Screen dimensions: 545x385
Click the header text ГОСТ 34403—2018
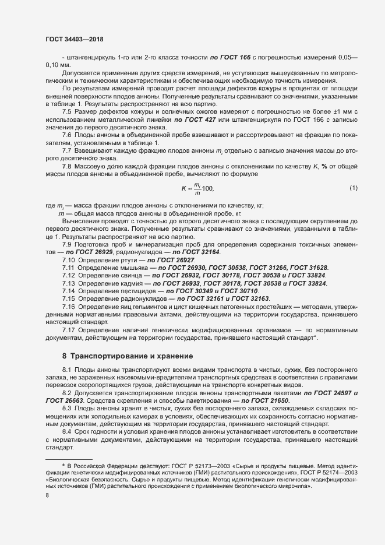(75, 38)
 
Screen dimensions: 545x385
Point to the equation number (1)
(354, 188)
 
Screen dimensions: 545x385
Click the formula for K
(198, 188)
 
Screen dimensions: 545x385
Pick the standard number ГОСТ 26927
(173, 259)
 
